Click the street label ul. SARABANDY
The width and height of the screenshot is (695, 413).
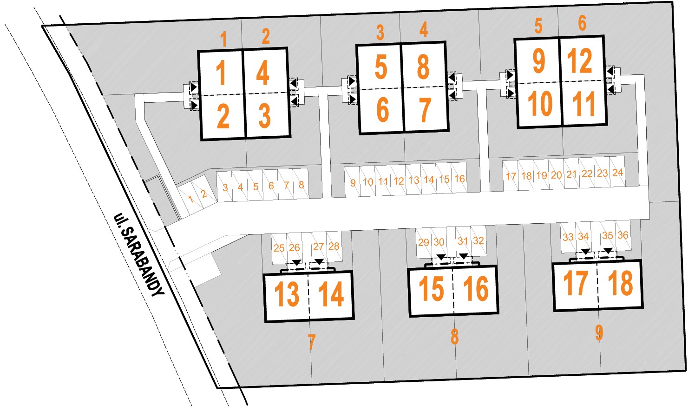coord(139,255)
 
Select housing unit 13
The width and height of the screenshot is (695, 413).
coord(287,294)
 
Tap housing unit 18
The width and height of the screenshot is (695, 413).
coord(620,283)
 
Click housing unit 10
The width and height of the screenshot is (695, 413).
coord(540,104)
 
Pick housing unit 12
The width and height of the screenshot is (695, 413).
coord(580,60)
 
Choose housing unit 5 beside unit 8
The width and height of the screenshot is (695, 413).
coord(380,67)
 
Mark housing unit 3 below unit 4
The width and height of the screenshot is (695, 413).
coord(264,115)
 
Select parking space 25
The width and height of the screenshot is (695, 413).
coord(279,248)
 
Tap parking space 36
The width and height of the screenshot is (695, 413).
coord(623,235)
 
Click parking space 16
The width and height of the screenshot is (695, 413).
coord(459,179)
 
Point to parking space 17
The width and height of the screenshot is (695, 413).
coord(511,176)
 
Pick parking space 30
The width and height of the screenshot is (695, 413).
coord(439,242)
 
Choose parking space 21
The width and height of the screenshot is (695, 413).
coord(571,174)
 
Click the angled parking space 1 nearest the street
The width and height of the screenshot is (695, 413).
coord(190,200)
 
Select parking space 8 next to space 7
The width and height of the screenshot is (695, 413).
coord(301,185)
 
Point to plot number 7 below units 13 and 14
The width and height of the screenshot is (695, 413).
coord(311,343)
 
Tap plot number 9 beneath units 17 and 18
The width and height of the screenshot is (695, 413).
coord(599,333)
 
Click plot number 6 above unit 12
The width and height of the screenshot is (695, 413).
coord(582,23)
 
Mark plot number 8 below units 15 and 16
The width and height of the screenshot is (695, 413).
coord(454,337)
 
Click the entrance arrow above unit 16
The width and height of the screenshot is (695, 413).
coord(463,256)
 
